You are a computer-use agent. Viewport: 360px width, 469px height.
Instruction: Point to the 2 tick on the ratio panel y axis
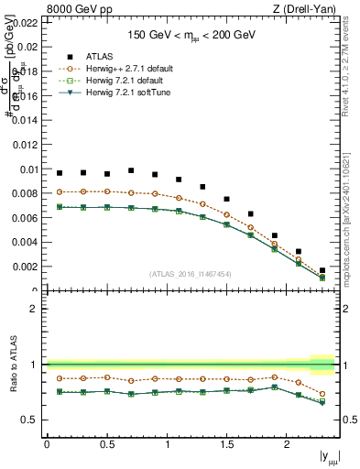pos(34,309)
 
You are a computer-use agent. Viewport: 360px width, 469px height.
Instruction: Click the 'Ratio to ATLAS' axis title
pos(12,364)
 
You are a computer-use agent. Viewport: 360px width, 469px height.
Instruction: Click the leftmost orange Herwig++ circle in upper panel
pos(60,191)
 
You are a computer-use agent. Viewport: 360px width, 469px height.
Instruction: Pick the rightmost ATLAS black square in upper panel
pos(322,270)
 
